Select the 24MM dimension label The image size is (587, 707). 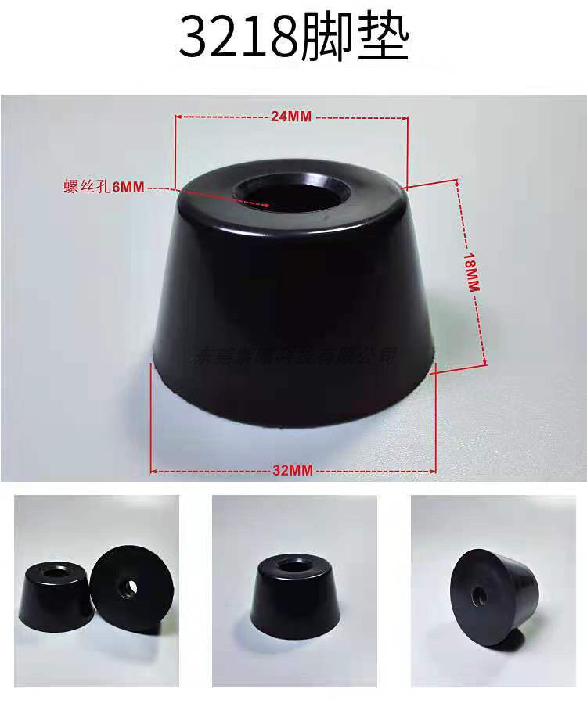[x=291, y=117]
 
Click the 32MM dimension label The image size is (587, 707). [x=292, y=470]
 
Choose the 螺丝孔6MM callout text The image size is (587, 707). [x=103, y=187]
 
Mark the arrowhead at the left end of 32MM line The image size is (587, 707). [x=153, y=470]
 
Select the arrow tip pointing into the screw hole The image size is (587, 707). [x=268, y=206]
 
